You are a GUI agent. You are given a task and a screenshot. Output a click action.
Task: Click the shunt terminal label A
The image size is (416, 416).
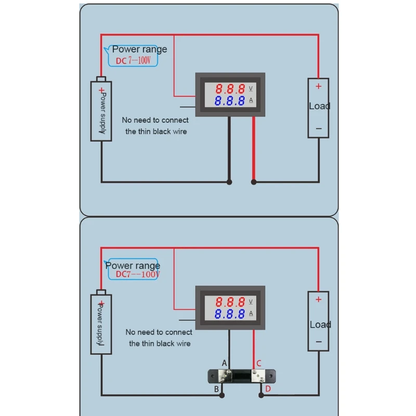click(x=225, y=362)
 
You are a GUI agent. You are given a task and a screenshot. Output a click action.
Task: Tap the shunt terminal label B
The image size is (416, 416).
click(x=217, y=388)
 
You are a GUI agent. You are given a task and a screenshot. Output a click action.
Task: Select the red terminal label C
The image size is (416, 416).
click(x=259, y=362)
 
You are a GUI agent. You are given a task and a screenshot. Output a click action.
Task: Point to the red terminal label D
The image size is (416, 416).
click(x=268, y=388)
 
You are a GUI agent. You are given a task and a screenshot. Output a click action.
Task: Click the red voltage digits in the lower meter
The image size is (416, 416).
click(x=230, y=302)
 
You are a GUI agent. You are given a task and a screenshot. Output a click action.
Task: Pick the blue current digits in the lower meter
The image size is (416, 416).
click(x=230, y=314)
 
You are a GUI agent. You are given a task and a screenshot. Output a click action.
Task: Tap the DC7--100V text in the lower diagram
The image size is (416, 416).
click(x=137, y=275)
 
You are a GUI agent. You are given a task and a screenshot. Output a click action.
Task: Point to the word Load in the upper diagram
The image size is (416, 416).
click(x=319, y=106)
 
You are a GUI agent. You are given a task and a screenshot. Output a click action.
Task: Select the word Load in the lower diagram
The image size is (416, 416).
click(x=320, y=324)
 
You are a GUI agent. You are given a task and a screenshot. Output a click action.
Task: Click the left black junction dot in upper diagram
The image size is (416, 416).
click(x=229, y=182)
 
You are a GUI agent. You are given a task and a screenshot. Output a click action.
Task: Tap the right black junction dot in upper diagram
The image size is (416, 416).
click(x=254, y=182)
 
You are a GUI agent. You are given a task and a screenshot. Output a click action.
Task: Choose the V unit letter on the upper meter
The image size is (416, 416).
click(x=251, y=88)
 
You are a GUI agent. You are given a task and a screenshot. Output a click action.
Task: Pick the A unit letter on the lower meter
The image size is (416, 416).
click(x=251, y=314)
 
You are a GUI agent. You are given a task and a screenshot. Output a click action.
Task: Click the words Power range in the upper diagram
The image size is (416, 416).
click(x=139, y=49)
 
